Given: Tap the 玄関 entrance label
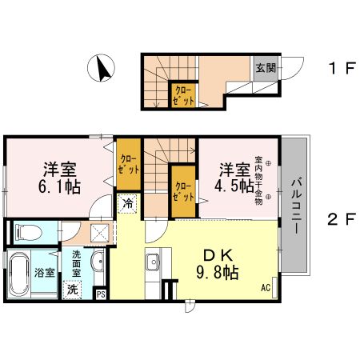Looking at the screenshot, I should click(266, 68).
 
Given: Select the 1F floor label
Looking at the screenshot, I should click(339, 69).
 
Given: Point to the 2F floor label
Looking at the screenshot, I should click(339, 217).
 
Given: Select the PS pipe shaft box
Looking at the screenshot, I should click(101, 294).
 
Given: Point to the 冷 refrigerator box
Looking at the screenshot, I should click(127, 203).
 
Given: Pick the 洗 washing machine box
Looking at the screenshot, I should click(73, 288).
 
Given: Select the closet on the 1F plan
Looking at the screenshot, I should click(185, 97).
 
